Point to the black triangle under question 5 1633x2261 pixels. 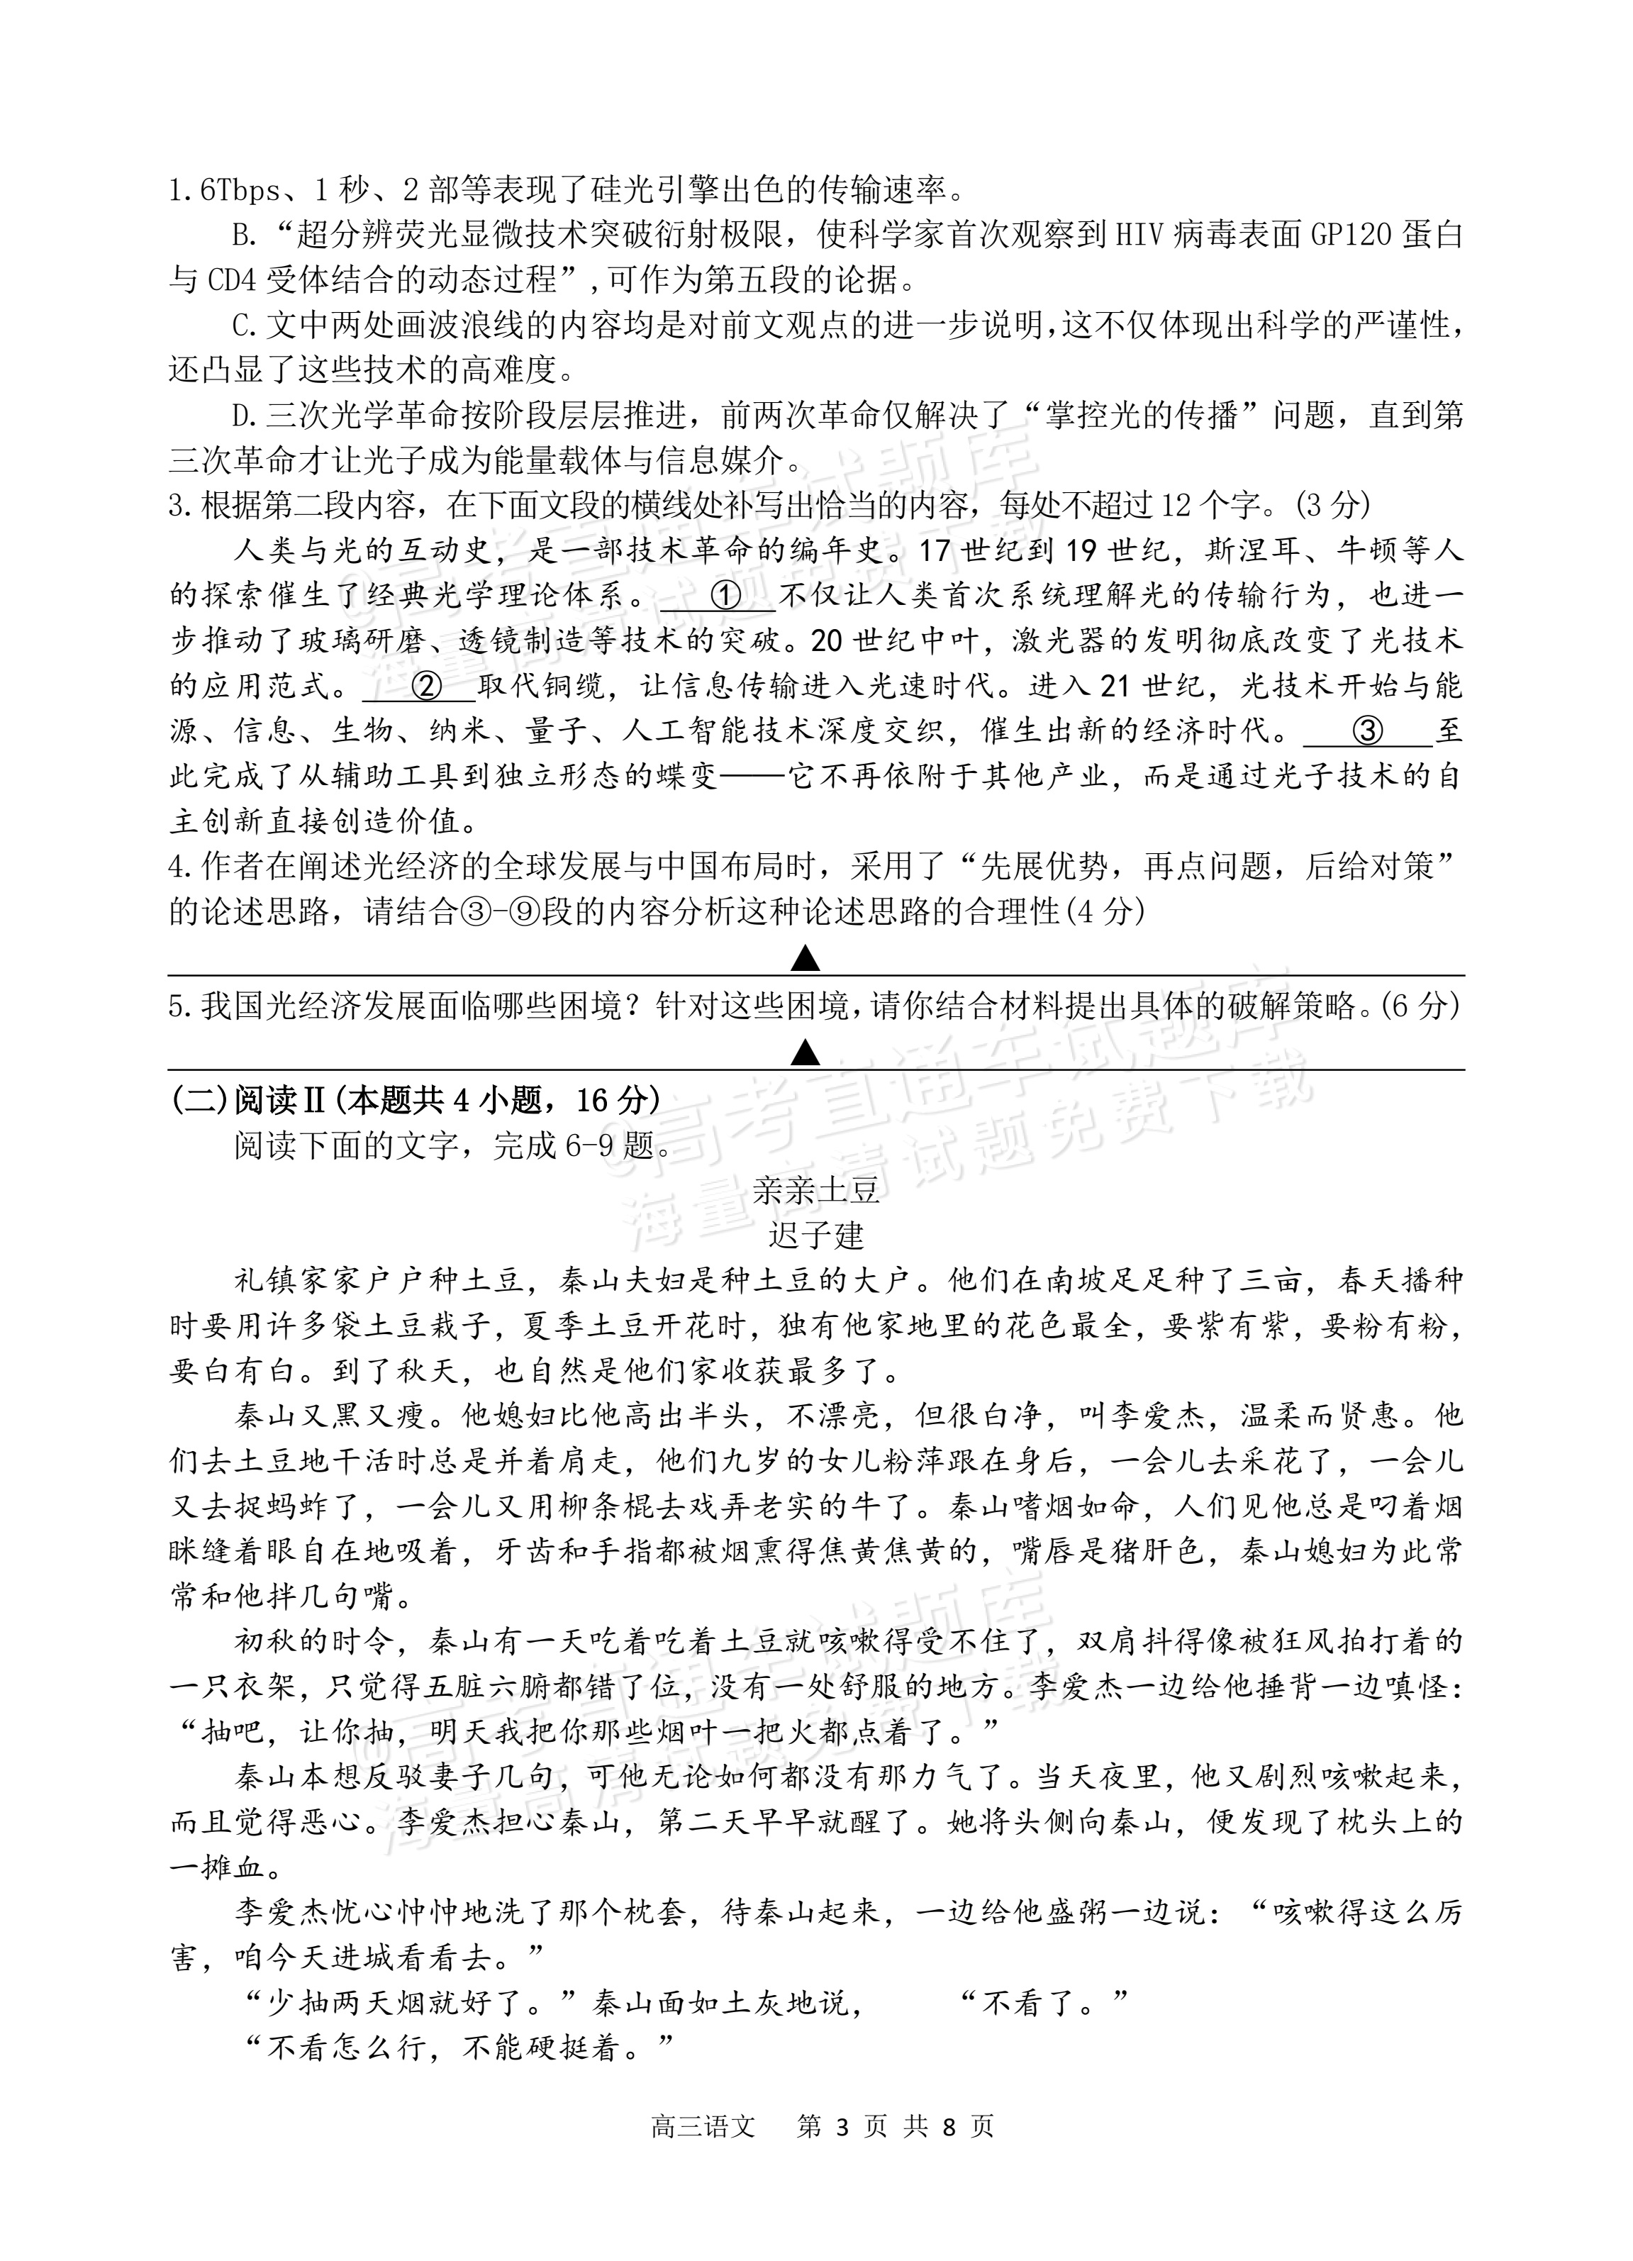coord(805,1052)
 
